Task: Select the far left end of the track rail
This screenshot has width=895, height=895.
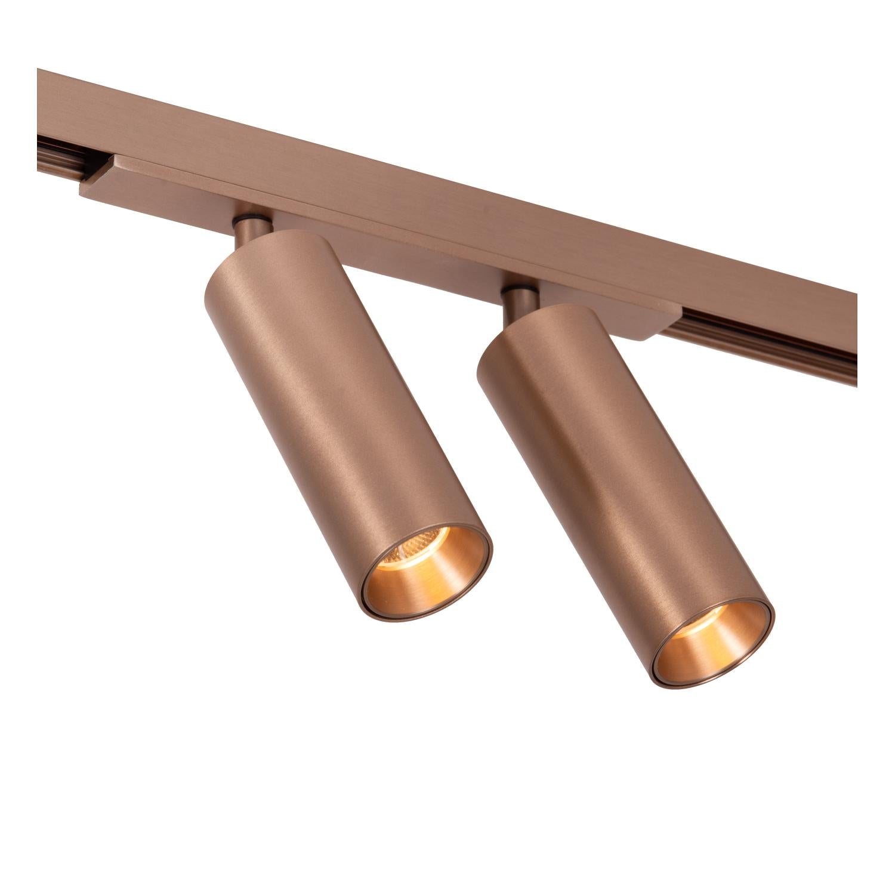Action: [42, 107]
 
